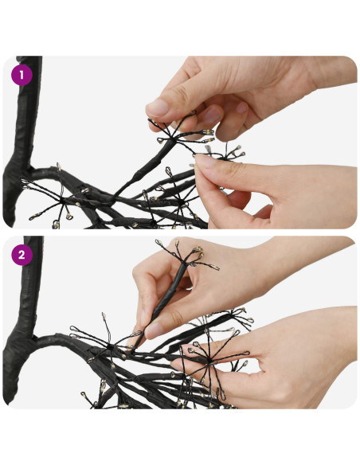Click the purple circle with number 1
pyautogui.click(x=22, y=75)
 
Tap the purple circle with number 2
pyautogui.click(x=22, y=255)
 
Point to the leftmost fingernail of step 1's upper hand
pyautogui.click(x=158, y=107)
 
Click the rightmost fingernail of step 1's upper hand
pyautogui.click(x=241, y=107)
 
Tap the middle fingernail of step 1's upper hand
pyautogui.click(x=211, y=115)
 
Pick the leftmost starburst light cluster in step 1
pyautogui.click(x=61, y=201)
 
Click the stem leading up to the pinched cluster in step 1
pyautogui.click(x=143, y=169)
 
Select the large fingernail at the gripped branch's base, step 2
pyautogui.click(x=155, y=330)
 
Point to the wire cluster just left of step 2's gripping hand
pyautogui.click(x=109, y=344)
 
